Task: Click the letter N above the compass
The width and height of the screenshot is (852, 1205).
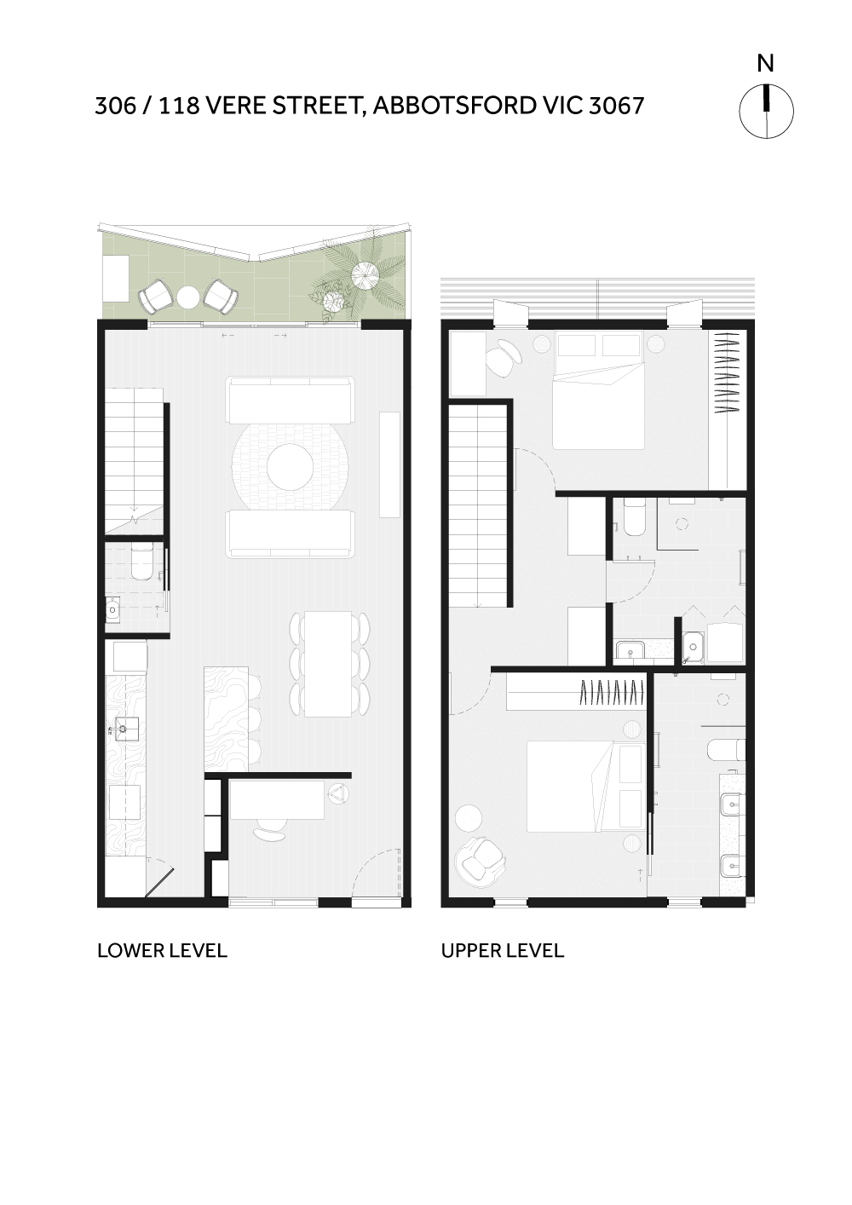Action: point(765,64)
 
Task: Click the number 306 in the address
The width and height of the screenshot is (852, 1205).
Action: point(115,106)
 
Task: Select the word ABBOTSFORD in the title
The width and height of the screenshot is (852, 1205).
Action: point(454,106)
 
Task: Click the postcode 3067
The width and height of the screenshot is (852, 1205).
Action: point(616,106)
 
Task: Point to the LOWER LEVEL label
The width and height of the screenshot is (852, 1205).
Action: point(162,950)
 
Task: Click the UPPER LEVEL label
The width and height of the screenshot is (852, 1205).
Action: point(503,950)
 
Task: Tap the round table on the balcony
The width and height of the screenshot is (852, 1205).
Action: point(188,297)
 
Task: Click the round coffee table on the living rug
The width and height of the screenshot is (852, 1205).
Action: point(290,466)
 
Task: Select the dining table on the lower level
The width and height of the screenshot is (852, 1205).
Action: point(328,664)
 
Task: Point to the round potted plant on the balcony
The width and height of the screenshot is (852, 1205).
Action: point(364,273)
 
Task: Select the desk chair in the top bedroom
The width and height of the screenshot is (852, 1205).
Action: point(504,357)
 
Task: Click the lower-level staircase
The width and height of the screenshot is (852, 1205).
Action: point(134,461)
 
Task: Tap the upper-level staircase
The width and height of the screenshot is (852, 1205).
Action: point(478,506)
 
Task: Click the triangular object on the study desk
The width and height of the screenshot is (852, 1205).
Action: point(337,793)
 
